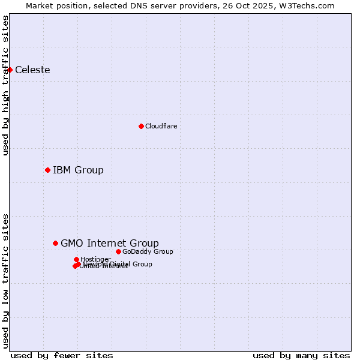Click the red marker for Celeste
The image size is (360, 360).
pyautogui.click(x=10, y=70)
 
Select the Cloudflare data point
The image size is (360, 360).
pyautogui.click(x=141, y=126)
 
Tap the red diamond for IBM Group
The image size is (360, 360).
pyautogui.click(x=47, y=170)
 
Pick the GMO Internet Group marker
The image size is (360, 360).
pyautogui.click(x=55, y=243)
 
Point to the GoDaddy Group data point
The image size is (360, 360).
pyautogui.click(x=118, y=251)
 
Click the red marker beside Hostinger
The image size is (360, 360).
pyautogui.click(x=76, y=259)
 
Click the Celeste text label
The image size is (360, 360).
pyautogui.click(x=32, y=70)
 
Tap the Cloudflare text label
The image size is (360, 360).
pyautogui.click(x=161, y=126)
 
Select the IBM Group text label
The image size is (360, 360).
pyautogui.click(x=78, y=170)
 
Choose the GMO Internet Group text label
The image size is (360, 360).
pyautogui.click(x=110, y=243)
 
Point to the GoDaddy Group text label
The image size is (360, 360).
pyautogui.click(x=148, y=251)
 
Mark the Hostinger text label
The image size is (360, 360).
pyautogui.click(x=95, y=259)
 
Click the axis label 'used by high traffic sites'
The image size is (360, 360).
pyautogui.click(x=5, y=85)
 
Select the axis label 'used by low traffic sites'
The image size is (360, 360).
pyautogui.click(x=5, y=280)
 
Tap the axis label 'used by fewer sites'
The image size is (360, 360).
pyautogui.click(x=62, y=355)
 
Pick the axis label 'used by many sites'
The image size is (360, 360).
pyautogui.click(x=301, y=355)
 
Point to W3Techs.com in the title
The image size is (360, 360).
pyautogui.click(x=309, y=5)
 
